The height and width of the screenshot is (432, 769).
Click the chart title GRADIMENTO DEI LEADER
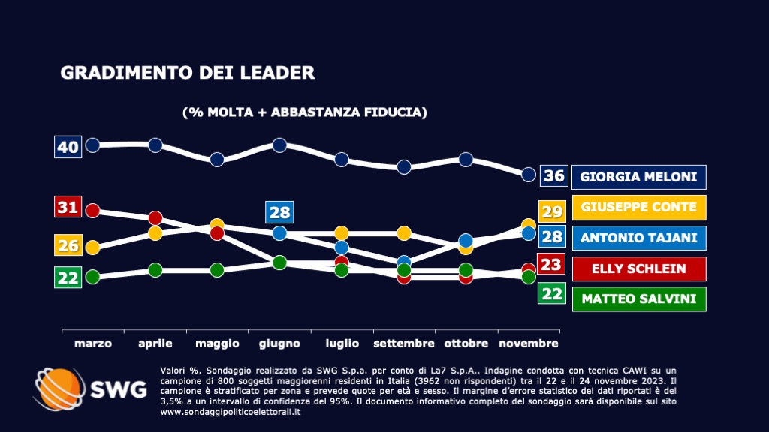click(x=187, y=73)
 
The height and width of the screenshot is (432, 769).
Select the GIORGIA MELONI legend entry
click(x=639, y=177)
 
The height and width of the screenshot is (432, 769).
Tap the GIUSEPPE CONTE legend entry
click(x=639, y=208)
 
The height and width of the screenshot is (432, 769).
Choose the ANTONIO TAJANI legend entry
click(x=639, y=238)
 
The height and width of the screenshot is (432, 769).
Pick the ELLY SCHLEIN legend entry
click(x=639, y=268)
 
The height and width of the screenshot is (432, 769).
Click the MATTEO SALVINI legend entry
click(x=639, y=299)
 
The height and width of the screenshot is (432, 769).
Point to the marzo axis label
click(x=93, y=343)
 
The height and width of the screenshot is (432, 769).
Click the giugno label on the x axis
click(x=279, y=343)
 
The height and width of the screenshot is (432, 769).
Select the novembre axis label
click(x=528, y=343)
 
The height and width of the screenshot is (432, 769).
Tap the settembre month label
click(x=404, y=343)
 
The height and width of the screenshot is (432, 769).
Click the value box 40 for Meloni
click(x=68, y=147)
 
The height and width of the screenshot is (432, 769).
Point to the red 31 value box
click(x=68, y=207)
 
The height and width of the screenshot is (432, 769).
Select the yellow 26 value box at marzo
click(x=68, y=244)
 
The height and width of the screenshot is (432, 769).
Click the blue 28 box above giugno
click(x=279, y=212)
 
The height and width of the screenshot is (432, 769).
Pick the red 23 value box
click(x=552, y=264)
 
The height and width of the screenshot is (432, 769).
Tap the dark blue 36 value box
click(x=553, y=176)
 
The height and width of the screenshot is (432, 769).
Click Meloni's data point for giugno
click(x=279, y=145)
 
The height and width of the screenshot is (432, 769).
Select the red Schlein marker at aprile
click(x=155, y=218)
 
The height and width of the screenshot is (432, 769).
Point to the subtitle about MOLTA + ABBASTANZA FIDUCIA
click(x=305, y=112)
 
